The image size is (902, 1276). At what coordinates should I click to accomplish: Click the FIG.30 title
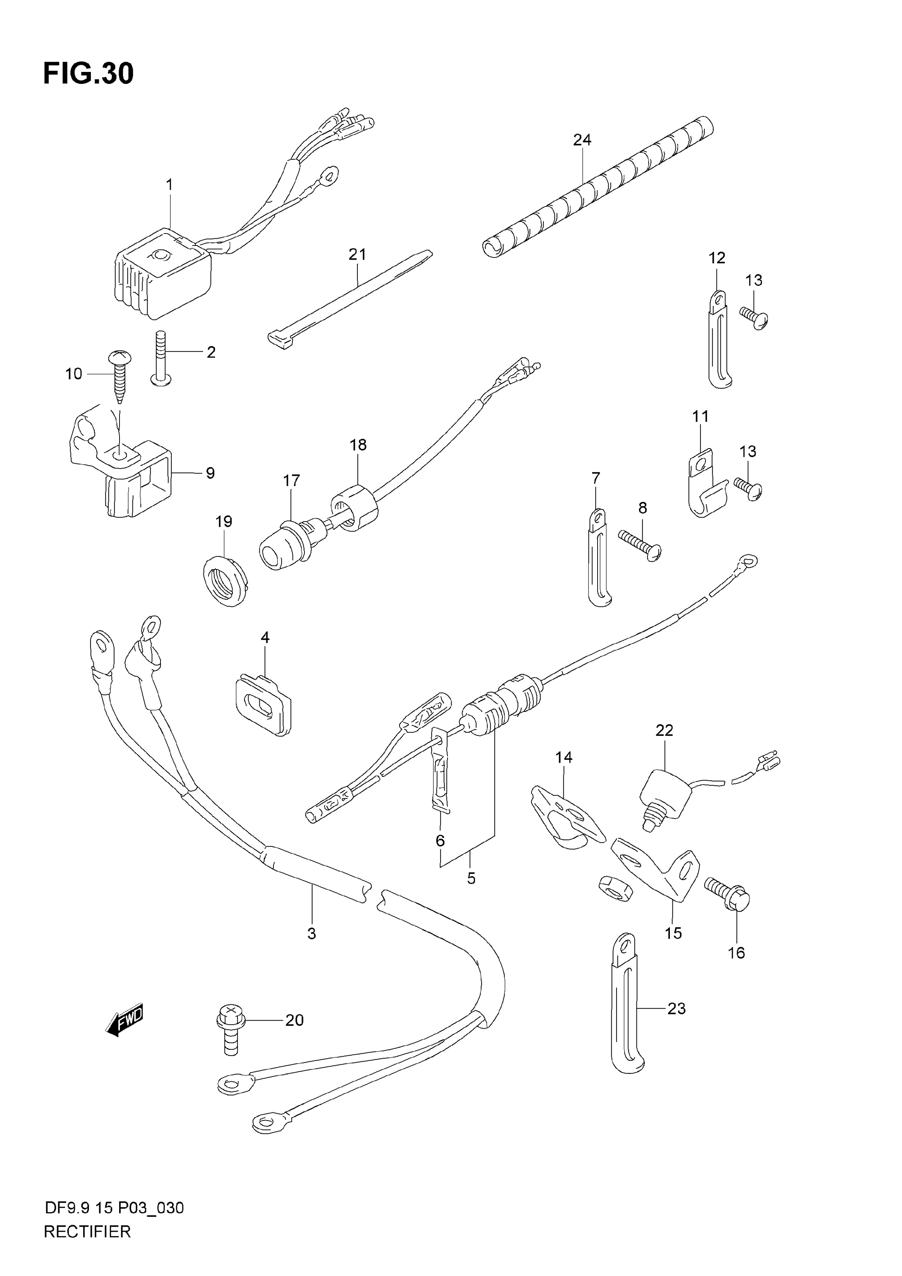click(88, 73)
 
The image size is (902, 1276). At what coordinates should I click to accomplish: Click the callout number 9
click(210, 473)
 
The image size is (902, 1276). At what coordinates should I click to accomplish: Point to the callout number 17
click(291, 480)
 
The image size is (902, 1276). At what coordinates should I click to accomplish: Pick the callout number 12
click(717, 258)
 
